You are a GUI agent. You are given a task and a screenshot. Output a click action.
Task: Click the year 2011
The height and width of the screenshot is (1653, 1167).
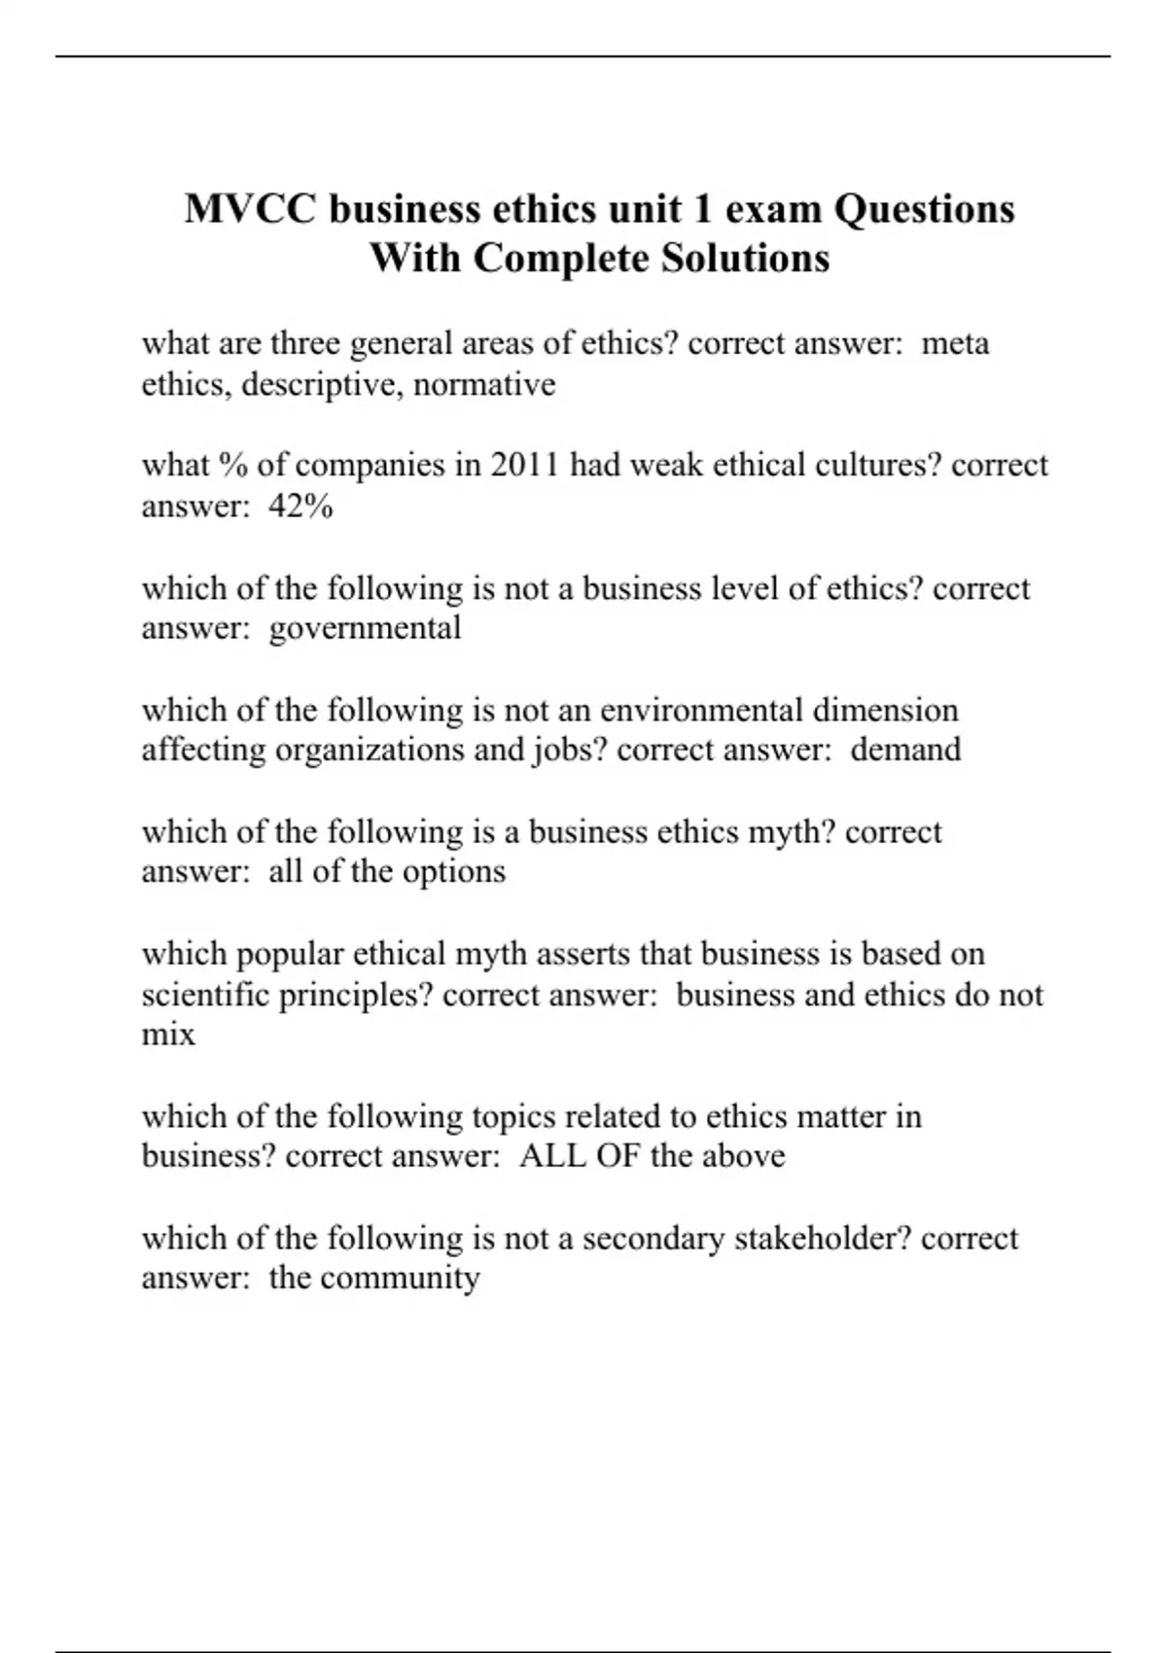524,465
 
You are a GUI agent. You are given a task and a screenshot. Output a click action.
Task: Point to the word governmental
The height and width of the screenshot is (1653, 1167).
365,628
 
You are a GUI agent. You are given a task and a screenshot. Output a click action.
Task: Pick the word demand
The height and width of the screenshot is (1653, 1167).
905,750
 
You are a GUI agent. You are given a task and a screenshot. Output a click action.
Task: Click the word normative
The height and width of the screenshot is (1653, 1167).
484,385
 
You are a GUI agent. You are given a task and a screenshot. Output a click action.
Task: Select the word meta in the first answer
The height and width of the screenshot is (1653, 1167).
955,343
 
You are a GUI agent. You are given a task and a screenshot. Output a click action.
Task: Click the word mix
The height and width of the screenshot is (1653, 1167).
168,1035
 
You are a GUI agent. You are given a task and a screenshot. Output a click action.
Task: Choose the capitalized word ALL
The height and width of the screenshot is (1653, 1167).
552,1156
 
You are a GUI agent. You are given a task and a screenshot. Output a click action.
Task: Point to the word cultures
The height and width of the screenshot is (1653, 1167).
878,465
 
